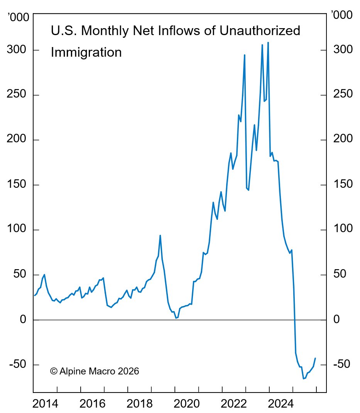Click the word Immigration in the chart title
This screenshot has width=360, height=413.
point(86,52)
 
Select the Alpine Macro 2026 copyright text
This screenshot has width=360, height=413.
point(95,371)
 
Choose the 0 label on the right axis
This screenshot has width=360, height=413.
point(336,319)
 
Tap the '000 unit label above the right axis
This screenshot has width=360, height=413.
point(342,16)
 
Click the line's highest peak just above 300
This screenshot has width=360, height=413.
point(268,42)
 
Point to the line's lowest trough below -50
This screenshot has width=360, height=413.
point(303,379)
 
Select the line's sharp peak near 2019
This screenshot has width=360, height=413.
point(160,235)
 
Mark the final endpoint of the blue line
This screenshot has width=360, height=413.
point(315,358)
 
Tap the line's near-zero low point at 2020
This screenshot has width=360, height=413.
point(176,318)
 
